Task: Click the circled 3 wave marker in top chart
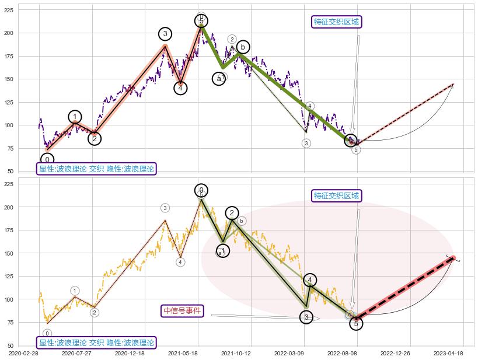165,34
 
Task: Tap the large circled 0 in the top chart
47,159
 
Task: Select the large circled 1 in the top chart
75,117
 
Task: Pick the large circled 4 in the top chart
180,88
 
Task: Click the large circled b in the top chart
243,47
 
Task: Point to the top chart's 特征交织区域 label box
337,22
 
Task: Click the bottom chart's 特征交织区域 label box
337,195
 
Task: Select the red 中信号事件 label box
182,310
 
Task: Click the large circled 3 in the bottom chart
306,317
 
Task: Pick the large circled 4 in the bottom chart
310,280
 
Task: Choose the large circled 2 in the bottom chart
232,213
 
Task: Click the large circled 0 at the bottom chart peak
201,190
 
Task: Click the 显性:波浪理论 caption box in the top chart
96,169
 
